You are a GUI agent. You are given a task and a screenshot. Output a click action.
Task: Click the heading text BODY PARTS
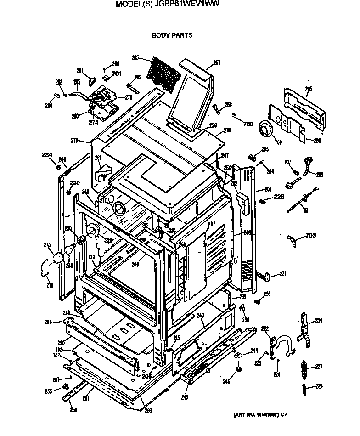[172, 35]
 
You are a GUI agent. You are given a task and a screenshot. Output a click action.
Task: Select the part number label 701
[116, 74]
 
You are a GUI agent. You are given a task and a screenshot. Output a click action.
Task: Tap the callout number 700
[247, 124]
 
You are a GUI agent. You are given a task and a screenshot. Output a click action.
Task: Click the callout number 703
[310, 236]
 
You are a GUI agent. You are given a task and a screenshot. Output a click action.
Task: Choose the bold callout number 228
[279, 196]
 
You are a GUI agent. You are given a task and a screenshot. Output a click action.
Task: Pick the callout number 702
[56, 355]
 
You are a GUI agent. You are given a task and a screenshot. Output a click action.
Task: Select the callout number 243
[185, 396]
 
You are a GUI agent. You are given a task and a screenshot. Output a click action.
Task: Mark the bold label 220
[74, 182]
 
